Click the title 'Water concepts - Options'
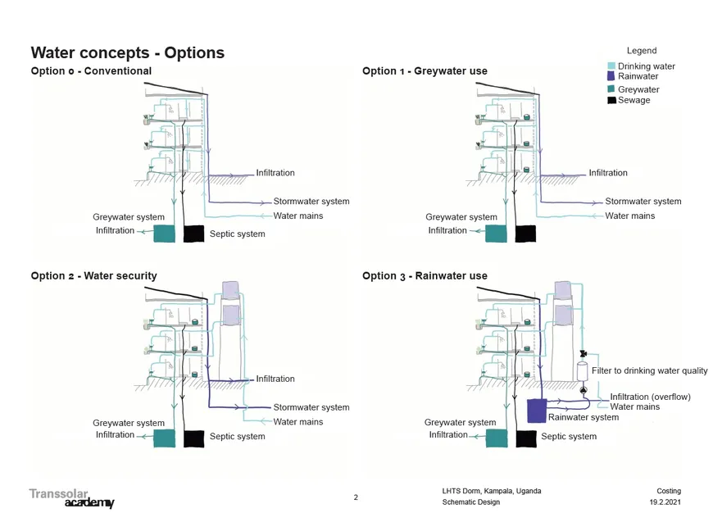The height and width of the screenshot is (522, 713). (127, 53)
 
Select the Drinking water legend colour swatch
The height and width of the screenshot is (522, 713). (611, 66)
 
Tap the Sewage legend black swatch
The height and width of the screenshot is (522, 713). (611, 100)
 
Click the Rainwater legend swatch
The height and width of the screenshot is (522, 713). (611, 76)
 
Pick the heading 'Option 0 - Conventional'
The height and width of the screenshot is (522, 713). (91, 71)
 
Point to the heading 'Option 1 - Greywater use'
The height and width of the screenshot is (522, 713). (425, 71)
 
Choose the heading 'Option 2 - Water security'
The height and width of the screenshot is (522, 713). (93, 276)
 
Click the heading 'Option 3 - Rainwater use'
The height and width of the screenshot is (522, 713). (425, 276)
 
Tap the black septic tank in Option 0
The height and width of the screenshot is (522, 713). (193, 234)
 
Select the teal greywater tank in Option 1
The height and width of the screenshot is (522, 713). (497, 234)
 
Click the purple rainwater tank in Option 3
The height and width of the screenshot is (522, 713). (537, 411)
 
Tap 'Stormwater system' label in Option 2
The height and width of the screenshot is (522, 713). (311, 407)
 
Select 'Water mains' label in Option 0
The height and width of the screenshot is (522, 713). (298, 216)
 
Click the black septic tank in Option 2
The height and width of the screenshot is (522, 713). (193, 438)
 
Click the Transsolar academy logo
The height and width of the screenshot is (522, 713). (71, 497)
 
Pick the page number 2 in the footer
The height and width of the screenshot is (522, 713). (356, 497)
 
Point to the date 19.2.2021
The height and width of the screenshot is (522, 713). (665, 502)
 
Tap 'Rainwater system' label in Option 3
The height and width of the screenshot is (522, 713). (584, 418)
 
